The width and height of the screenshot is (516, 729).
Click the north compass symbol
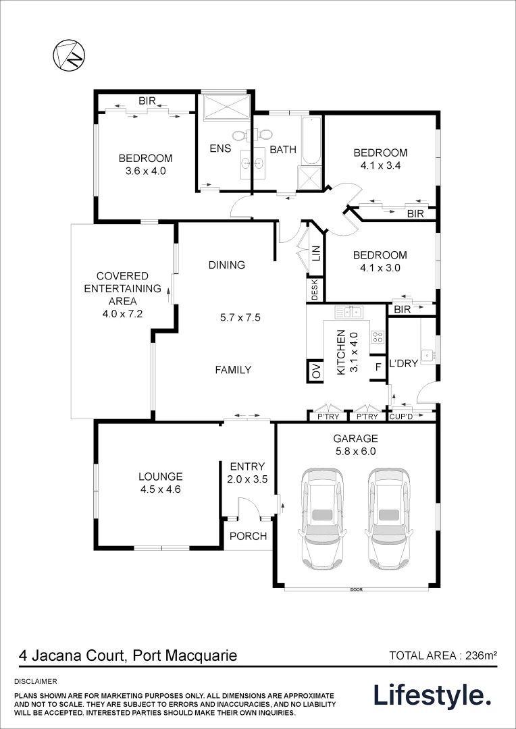(70, 56)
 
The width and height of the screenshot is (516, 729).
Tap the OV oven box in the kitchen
(316, 371)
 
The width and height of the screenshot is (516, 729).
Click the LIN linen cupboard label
(316, 253)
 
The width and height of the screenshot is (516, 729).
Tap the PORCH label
(249, 536)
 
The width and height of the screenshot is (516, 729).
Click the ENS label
(218, 149)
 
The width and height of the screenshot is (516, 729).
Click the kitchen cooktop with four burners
(378, 336)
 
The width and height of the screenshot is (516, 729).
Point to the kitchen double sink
(349, 312)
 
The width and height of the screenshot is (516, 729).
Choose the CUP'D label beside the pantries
(401, 417)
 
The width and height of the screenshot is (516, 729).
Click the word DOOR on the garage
(357, 589)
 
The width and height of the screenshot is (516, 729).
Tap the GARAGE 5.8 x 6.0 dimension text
(355, 444)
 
